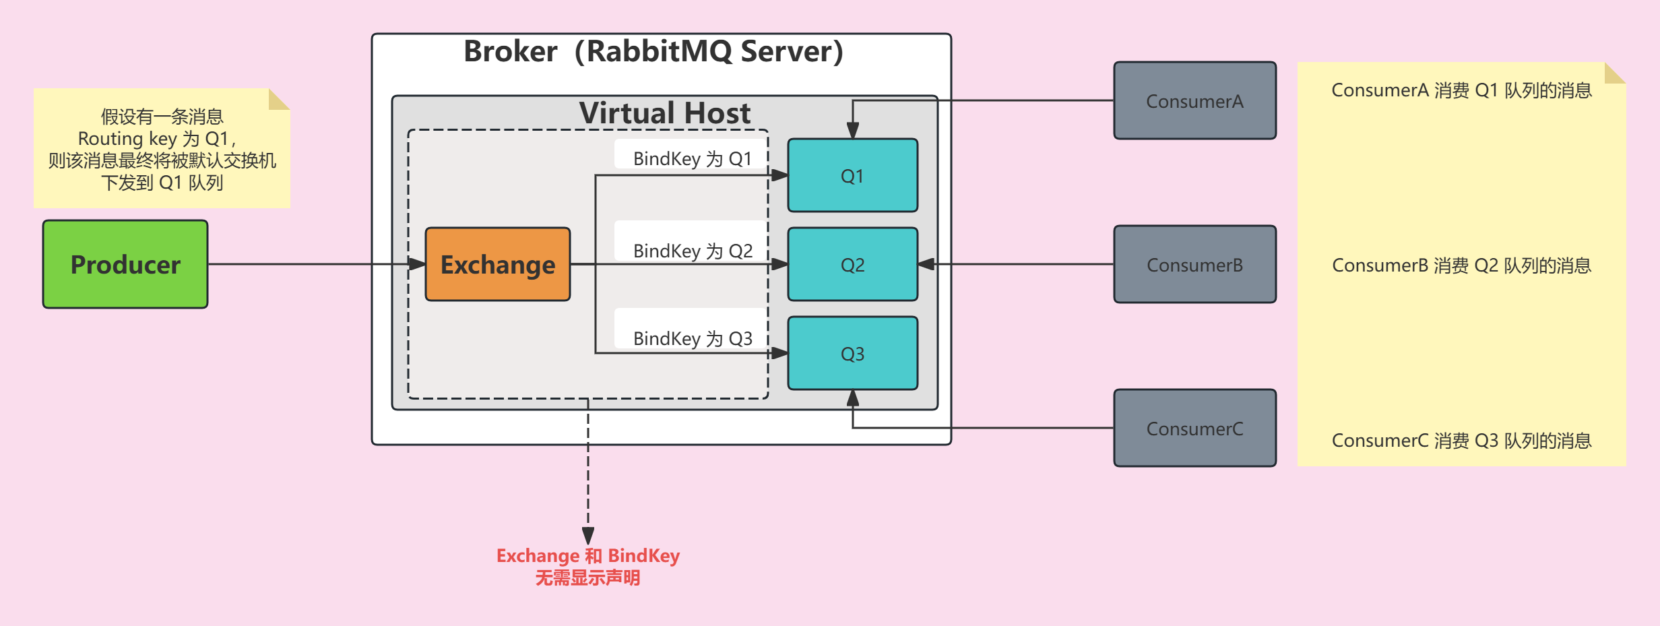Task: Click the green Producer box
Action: (125, 264)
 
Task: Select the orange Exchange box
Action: (498, 264)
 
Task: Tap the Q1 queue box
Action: (852, 176)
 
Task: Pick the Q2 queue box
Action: (852, 264)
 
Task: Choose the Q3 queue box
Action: (852, 353)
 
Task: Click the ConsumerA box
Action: (1194, 101)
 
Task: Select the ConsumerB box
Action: (1194, 265)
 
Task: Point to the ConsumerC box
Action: (1194, 429)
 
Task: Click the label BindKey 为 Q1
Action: (692, 158)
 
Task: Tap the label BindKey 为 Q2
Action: (693, 251)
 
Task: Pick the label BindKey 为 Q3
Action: (693, 338)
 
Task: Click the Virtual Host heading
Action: (664, 113)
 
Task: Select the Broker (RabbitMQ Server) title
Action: (653, 51)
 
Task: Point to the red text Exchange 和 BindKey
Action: (587, 556)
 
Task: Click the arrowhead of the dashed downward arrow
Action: (588, 536)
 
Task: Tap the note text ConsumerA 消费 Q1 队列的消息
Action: (1461, 90)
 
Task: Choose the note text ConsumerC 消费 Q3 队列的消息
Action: (1461, 441)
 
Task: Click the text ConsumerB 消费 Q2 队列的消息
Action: (1461, 265)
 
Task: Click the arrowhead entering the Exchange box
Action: (418, 264)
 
